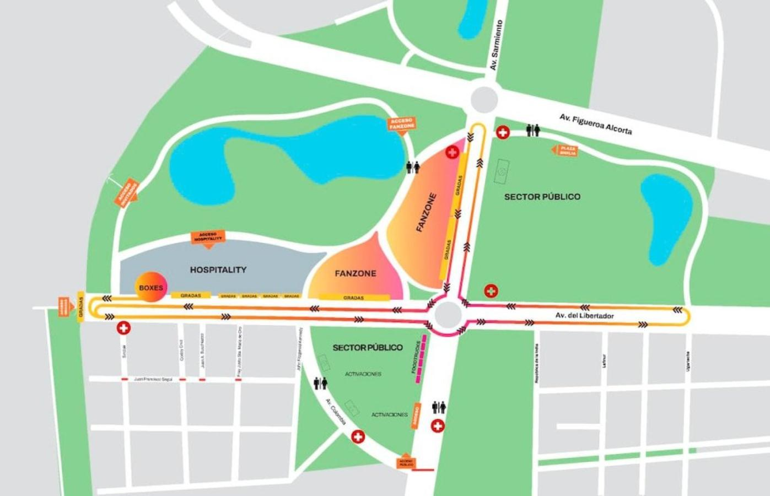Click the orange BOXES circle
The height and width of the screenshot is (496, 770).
(150, 287)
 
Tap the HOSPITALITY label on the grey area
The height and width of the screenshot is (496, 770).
(218, 269)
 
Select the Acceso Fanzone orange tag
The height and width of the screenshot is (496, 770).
(402, 124)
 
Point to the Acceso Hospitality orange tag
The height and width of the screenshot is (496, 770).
(208, 237)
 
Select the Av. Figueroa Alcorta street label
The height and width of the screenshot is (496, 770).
(595, 124)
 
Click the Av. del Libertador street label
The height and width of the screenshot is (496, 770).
(584, 316)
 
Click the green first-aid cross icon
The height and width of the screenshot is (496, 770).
(491, 290)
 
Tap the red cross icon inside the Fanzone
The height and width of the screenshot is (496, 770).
(452, 152)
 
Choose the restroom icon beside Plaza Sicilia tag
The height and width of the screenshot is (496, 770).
(532, 131)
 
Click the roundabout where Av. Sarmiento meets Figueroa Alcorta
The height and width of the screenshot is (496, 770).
(484, 100)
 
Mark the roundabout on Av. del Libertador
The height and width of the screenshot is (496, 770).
(448, 315)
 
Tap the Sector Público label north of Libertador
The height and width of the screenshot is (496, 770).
(542, 197)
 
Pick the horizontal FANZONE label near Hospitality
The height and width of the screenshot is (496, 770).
(356, 273)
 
